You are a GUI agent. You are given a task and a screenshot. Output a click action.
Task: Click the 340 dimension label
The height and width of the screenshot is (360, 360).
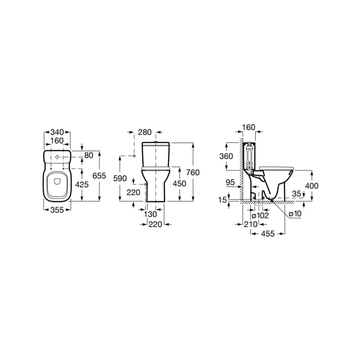click(x=57, y=132)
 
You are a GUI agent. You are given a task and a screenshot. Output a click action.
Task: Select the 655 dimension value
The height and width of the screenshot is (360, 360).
click(x=99, y=176)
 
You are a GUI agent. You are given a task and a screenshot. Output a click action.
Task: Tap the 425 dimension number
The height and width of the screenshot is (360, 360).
click(x=82, y=184)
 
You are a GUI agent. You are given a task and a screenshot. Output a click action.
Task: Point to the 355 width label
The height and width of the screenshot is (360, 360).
click(x=57, y=210)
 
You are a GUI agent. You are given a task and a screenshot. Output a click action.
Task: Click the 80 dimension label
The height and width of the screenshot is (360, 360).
click(x=89, y=155)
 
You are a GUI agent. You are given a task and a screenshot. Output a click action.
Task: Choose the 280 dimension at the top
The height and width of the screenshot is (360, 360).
click(x=145, y=132)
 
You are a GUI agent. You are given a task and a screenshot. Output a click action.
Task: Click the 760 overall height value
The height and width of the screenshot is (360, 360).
click(x=193, y=172)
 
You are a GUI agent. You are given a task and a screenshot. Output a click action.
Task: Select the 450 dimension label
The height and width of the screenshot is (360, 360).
click(x=180, y=183)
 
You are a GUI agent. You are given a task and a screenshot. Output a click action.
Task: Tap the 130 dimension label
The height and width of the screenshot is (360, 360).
click(x=150, y=214)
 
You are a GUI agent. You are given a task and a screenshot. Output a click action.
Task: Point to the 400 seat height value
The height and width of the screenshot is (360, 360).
click(x=312, y=186)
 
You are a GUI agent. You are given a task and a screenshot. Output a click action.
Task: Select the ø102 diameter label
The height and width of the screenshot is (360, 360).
click(x=260, y=215)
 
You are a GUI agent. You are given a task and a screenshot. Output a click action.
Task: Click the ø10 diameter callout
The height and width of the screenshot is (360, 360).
click(x=295, y=214)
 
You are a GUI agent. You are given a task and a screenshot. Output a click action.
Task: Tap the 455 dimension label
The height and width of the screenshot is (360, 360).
click(x=268, y=233)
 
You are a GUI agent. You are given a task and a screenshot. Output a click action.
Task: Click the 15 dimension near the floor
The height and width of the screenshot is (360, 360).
click(x=222, y=200)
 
